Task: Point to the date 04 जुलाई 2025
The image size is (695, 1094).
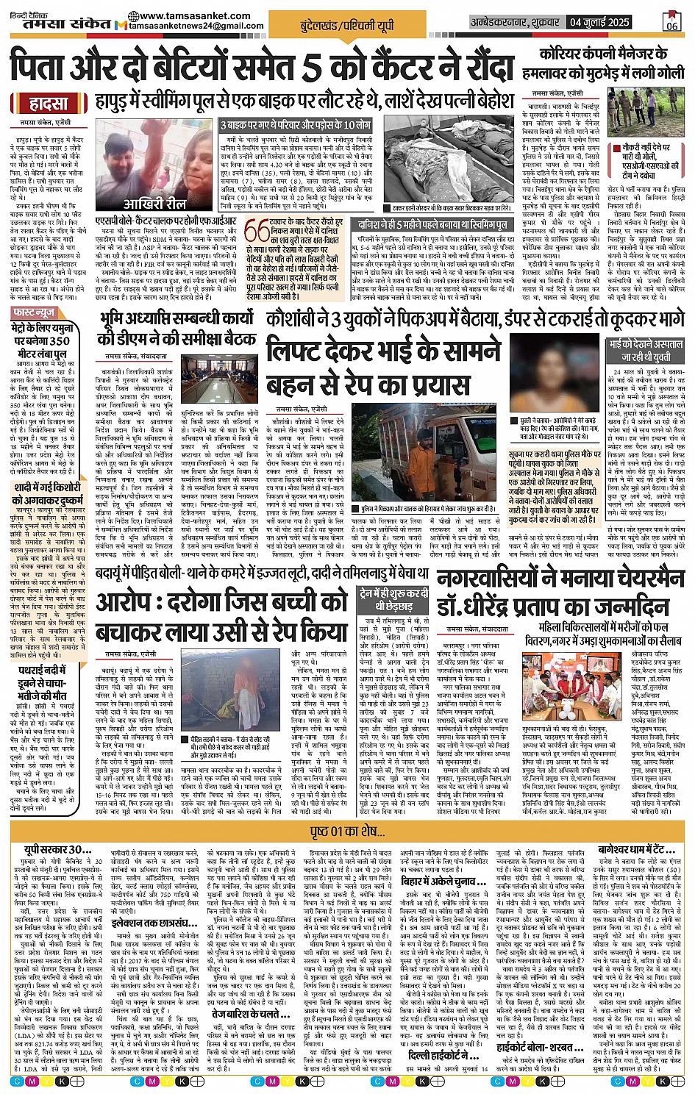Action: [x=599, y=23]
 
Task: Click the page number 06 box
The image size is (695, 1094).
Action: [x=671, y=22]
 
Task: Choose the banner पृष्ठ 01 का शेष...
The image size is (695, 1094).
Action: [x=347, y=832]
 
